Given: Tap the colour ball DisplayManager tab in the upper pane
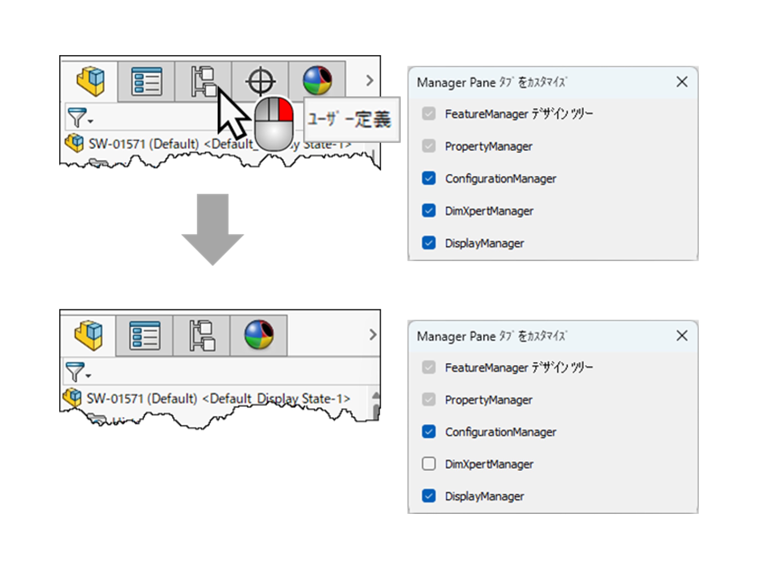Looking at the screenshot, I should [317, 81].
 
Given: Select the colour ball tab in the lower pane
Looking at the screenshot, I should [259, 335].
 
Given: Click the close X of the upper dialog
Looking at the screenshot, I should [682, 82].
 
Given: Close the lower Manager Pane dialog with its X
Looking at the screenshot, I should [682, 336].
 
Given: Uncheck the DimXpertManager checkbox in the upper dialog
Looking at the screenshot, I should [429, 211].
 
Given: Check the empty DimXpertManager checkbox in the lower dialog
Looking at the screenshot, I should [429, 464].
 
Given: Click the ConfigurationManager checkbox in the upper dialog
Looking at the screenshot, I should [429, 178].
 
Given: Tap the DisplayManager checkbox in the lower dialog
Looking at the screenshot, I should [429, 496].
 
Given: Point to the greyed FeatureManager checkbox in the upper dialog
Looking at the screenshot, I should [429, 114].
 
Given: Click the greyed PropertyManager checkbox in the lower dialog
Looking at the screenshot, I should [429, 400].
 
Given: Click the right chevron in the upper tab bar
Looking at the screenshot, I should [369, 81].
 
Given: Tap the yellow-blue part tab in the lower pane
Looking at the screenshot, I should [88, 335].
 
